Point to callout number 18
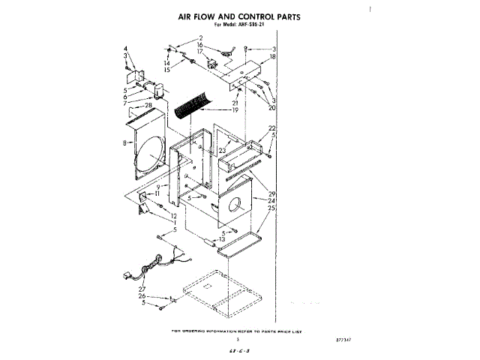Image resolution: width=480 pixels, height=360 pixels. [273, 56]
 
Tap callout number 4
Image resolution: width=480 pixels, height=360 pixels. [126, 48]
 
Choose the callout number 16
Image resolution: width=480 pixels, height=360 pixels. [200, 45]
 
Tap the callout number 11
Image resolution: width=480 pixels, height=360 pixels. [158, 193]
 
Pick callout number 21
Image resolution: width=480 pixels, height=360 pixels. [235, 103]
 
